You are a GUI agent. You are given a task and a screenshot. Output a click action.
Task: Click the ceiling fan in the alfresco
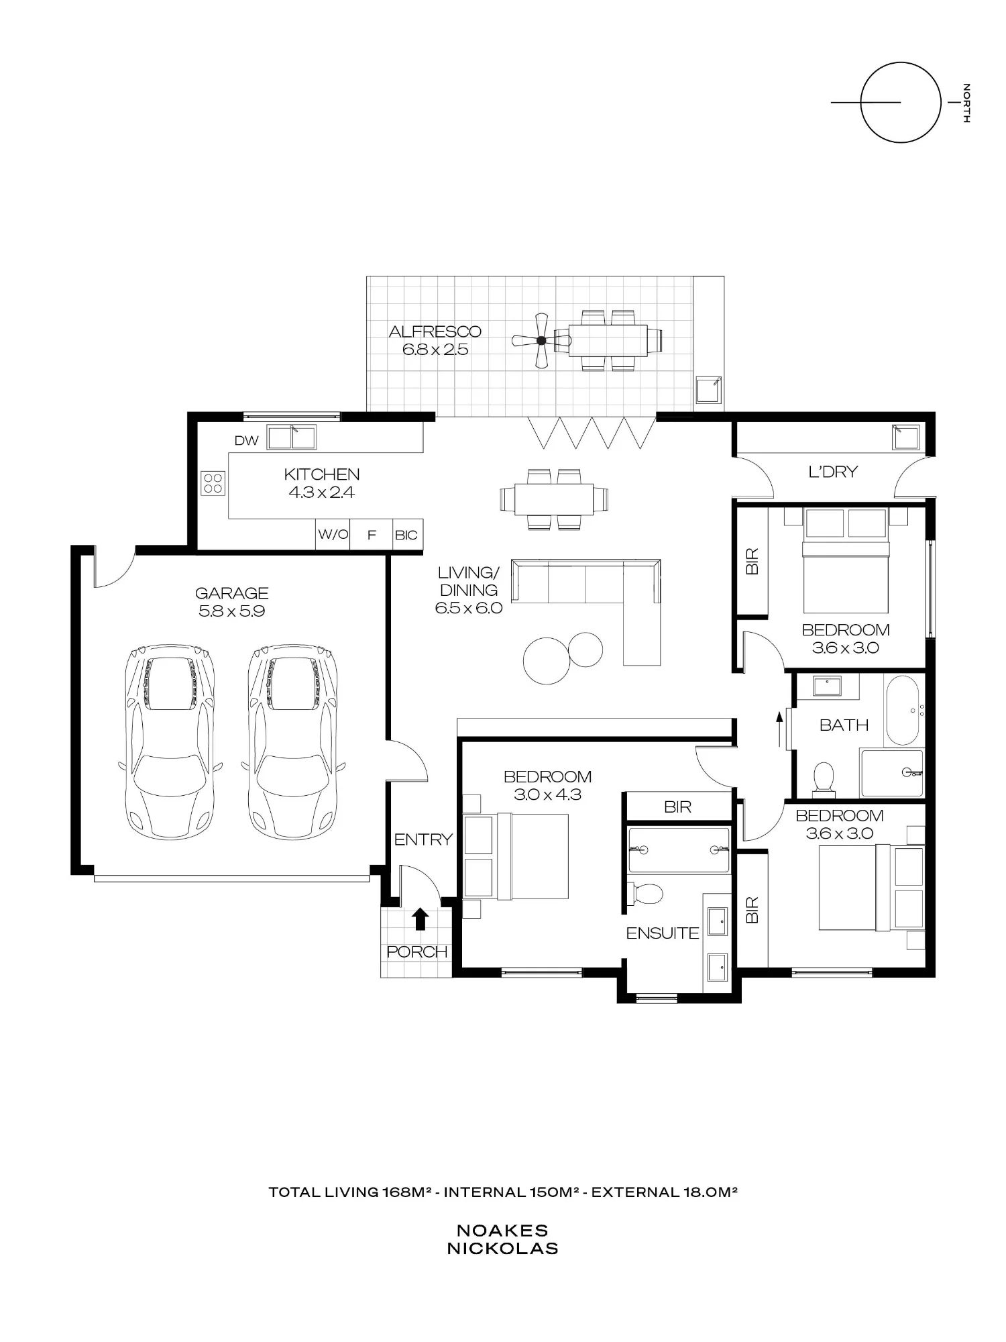tap(541, 341)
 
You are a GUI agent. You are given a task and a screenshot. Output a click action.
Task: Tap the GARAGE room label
tap(231, 593)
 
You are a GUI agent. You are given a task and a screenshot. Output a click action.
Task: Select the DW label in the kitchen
tap(246, 441)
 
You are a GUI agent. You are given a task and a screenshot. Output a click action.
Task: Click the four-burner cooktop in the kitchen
tap(213, 483)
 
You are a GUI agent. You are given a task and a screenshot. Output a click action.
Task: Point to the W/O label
tap(333, 535)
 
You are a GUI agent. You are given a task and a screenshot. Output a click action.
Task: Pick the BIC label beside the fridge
tap(406, 535)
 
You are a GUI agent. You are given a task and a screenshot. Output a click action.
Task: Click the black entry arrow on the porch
tap(420, 919)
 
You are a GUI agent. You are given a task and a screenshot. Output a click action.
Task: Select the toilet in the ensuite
tap(645, 893)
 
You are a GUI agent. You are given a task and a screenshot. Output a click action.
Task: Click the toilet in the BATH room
tap(823, 779)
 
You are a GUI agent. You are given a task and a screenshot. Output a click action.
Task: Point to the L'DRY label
tap(833, 472)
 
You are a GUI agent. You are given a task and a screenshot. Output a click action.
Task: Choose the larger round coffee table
tap(547, 660)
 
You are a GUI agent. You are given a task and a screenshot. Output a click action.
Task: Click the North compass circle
tap(901, 102)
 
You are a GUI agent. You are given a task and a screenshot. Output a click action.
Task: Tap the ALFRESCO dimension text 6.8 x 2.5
tap(435, 349)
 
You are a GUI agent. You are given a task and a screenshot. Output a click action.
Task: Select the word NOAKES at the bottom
tap(502, 1231)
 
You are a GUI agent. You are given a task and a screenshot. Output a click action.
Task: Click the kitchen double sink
tap(292, 437)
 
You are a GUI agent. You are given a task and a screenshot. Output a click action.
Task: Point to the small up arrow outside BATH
tap(779, 729)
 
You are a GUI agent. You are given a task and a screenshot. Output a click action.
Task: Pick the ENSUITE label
tap(663, 933)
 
